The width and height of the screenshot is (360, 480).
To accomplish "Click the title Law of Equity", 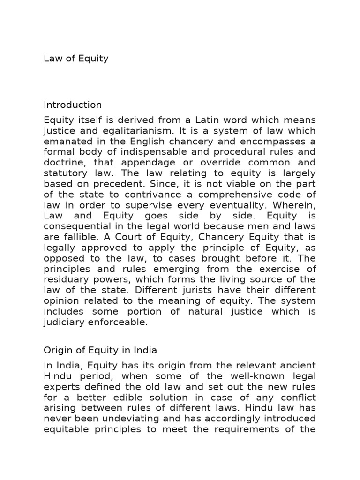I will point(76,59).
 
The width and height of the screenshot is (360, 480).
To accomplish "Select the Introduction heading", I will point(73,105).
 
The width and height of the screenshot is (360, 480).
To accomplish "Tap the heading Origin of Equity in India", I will point(100,350).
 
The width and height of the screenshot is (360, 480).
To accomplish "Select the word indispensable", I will point(146,152).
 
